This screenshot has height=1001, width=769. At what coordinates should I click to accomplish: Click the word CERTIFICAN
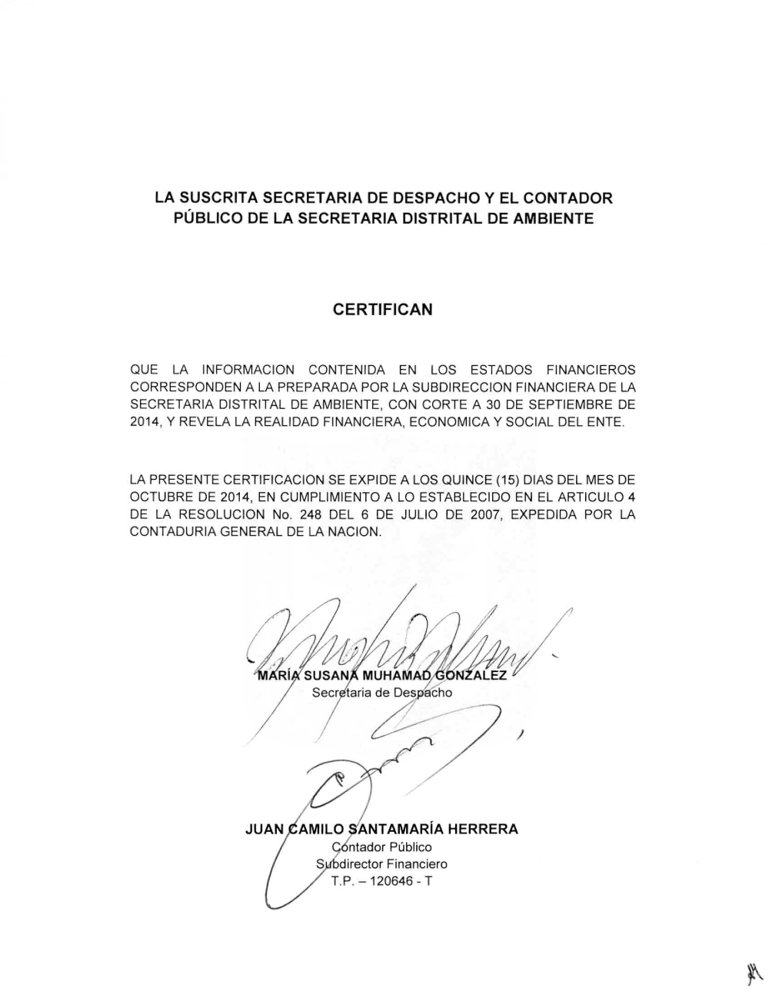click(x=384, y=310)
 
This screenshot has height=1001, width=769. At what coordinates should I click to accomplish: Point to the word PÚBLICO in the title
click(x=206, y=219)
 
